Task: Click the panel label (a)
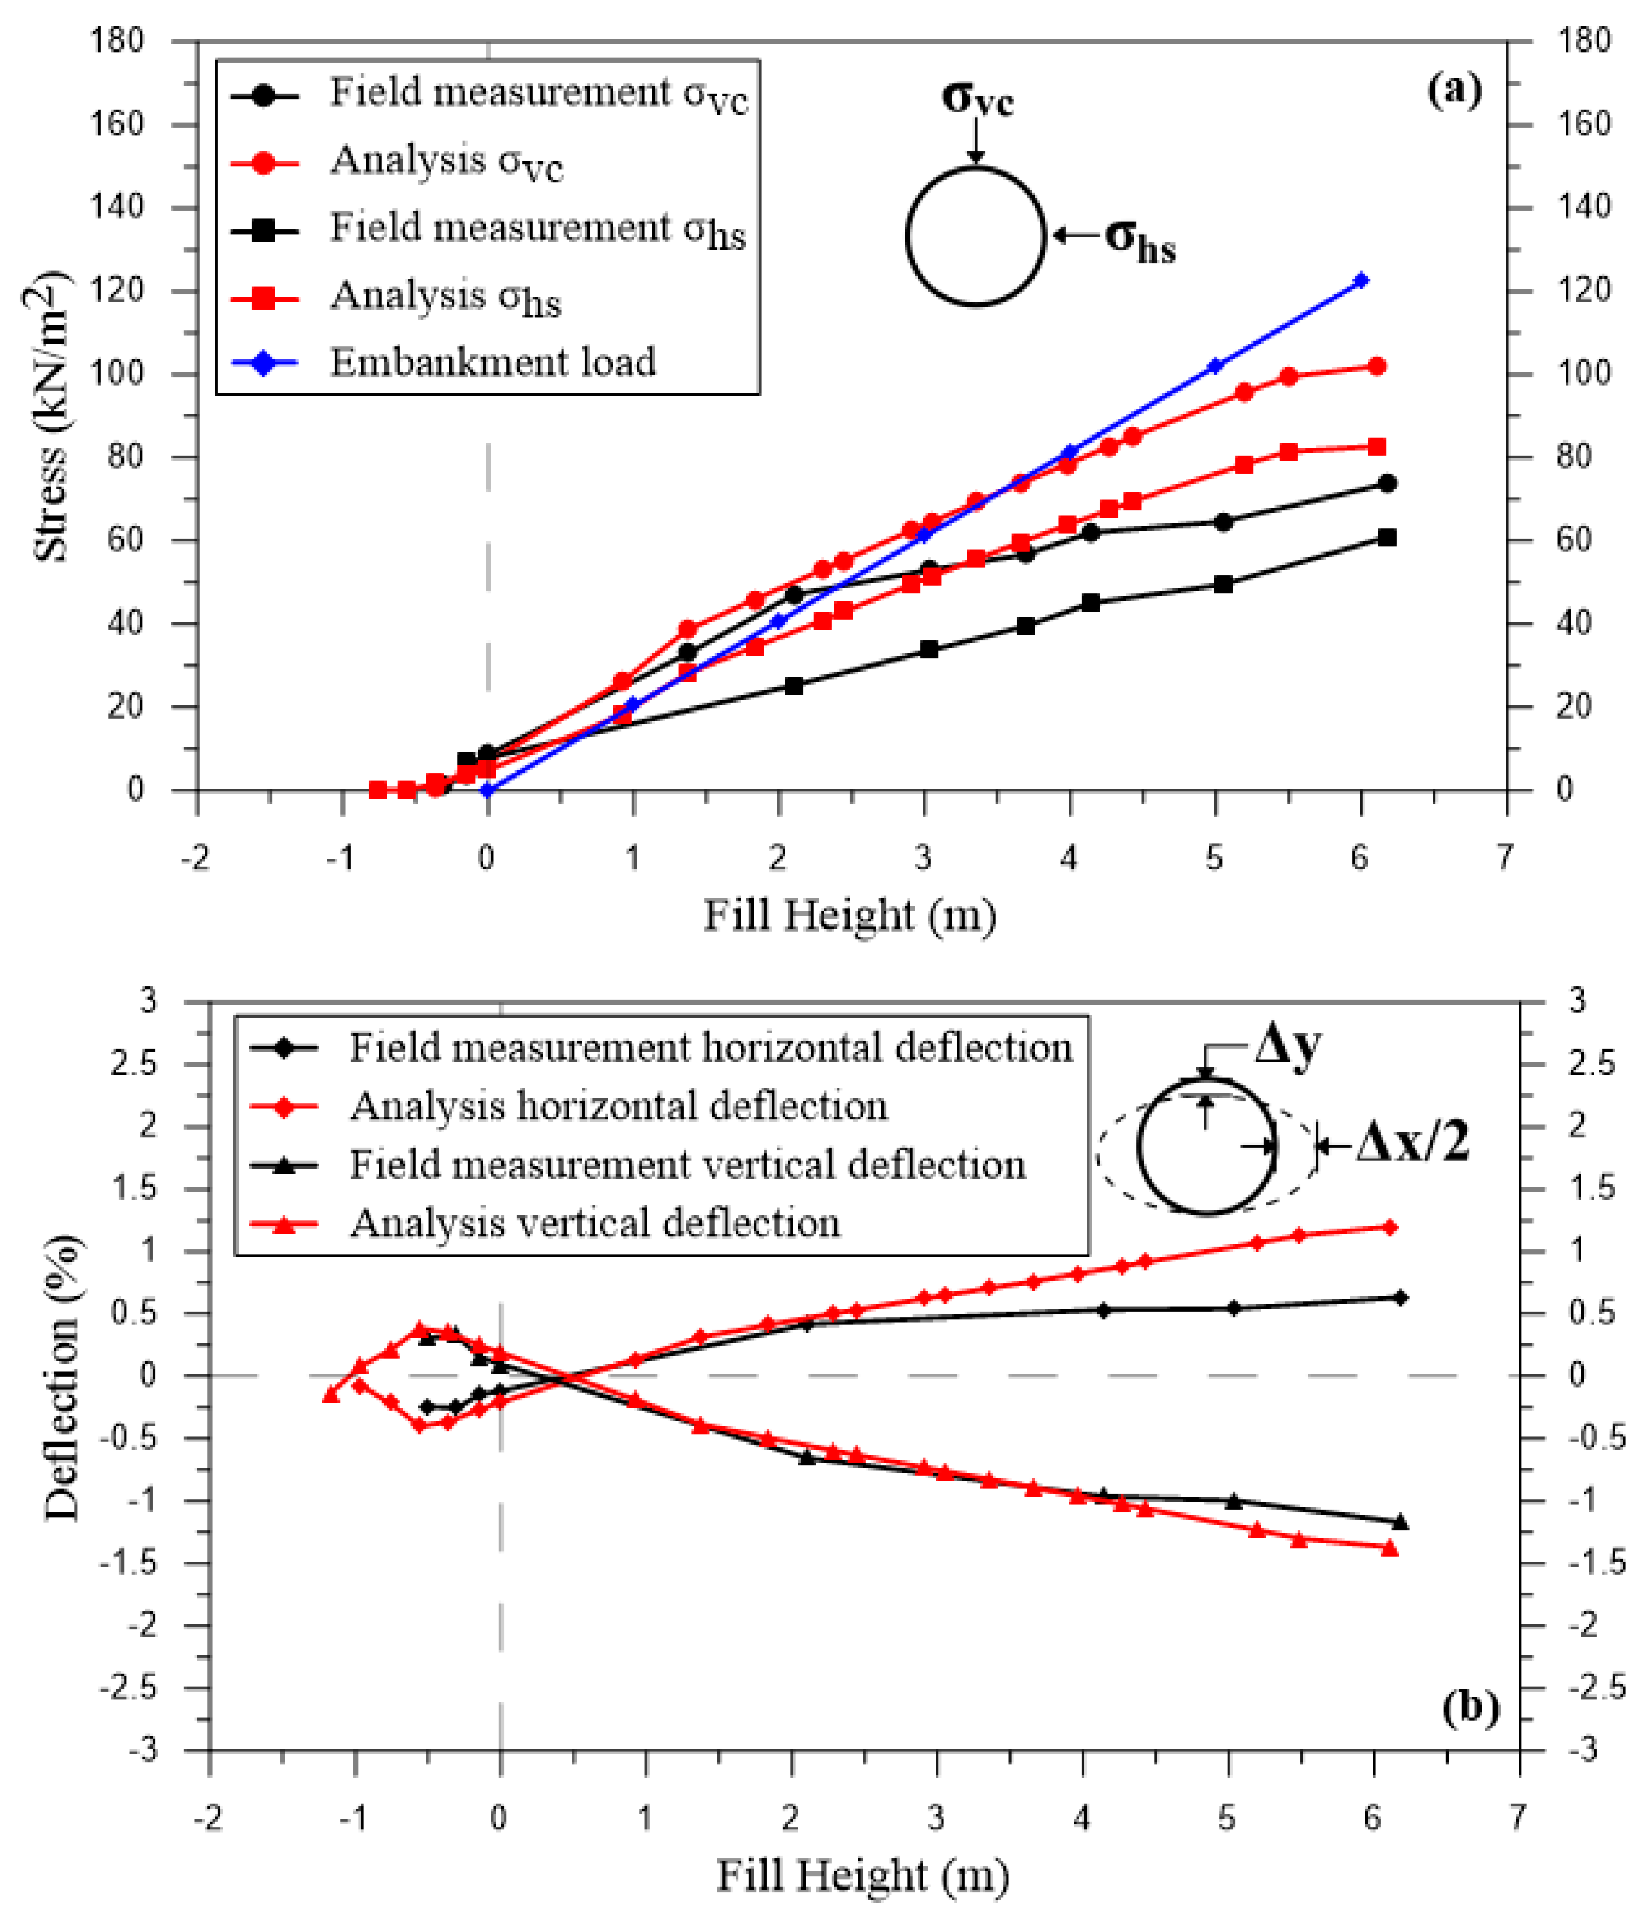pos(1454,90)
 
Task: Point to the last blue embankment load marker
pos(1360,280)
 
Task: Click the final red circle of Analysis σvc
pos(1376,367)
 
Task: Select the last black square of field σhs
pos(1387,538)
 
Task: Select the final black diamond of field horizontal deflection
pos(1399,1299)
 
